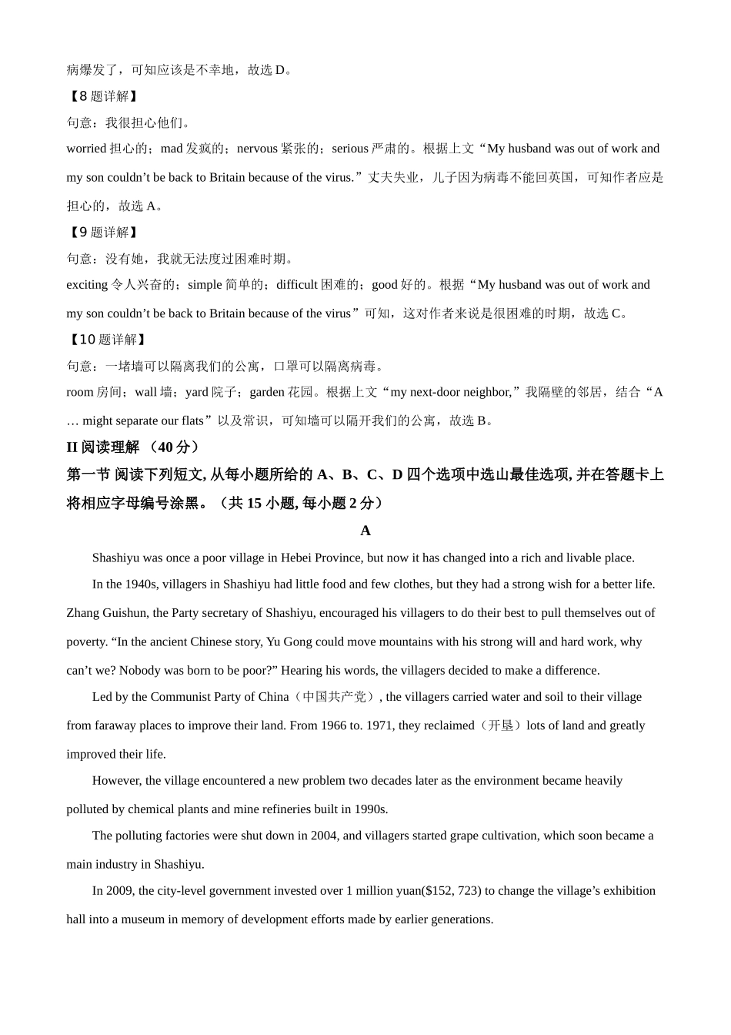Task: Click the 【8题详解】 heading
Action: coord(102,96)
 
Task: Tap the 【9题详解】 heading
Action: coord(102,232)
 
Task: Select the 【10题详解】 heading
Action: coord(106,340)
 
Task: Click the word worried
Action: coord(86,149)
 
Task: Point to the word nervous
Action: coord(257,149)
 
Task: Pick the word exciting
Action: coord(87,285)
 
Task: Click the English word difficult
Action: coord(296,285)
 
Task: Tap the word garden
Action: coord(267,392)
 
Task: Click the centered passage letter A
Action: coord(365,531)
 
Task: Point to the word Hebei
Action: coord(296,558)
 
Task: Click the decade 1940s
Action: coord(140,584)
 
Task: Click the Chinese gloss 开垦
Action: coord(501,725)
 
